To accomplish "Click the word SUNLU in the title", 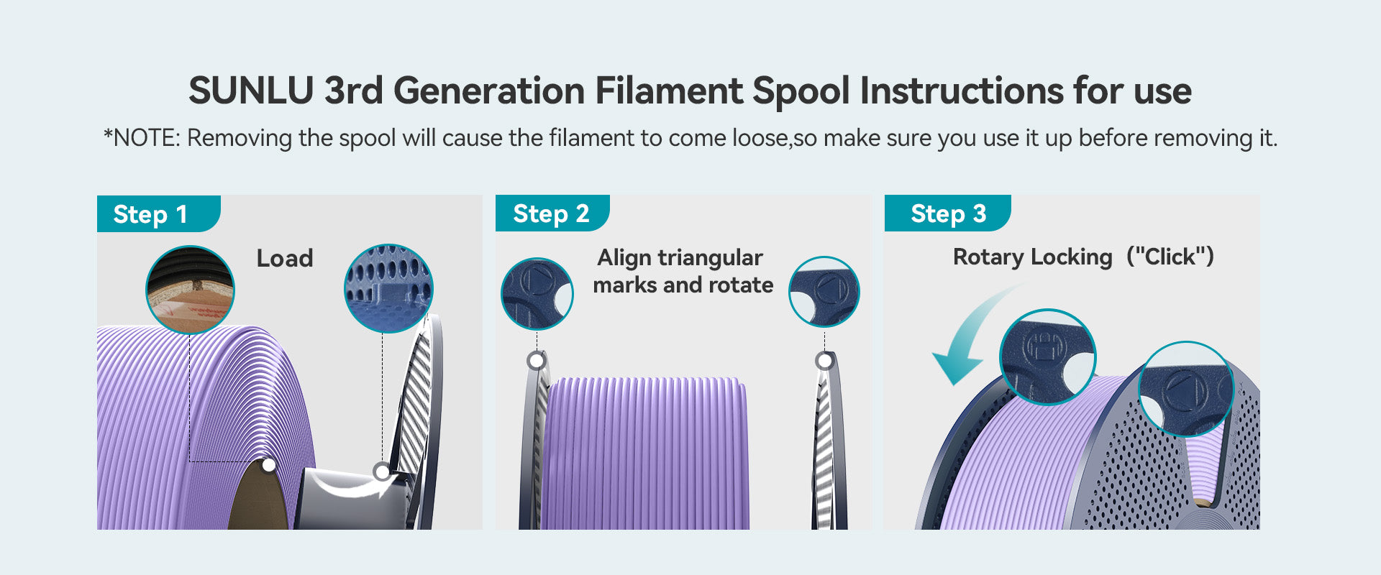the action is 251,91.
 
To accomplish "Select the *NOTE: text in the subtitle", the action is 142,137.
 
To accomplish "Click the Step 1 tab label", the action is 150,214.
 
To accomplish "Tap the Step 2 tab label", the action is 551,213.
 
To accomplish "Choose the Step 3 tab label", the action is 948,213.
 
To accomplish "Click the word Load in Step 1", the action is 285,259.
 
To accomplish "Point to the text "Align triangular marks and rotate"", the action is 683,271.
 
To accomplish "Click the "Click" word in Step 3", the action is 1170,257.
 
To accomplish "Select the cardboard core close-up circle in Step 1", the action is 190,290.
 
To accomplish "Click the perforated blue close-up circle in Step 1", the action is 388,288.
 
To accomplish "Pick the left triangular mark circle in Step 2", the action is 537,294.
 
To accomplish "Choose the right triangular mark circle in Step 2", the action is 824,292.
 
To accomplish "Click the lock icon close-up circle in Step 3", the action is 1048,357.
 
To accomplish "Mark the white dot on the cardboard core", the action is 269,465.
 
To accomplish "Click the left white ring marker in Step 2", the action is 536,360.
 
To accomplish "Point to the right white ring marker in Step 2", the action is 824,360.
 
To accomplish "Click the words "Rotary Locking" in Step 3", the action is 1032,257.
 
